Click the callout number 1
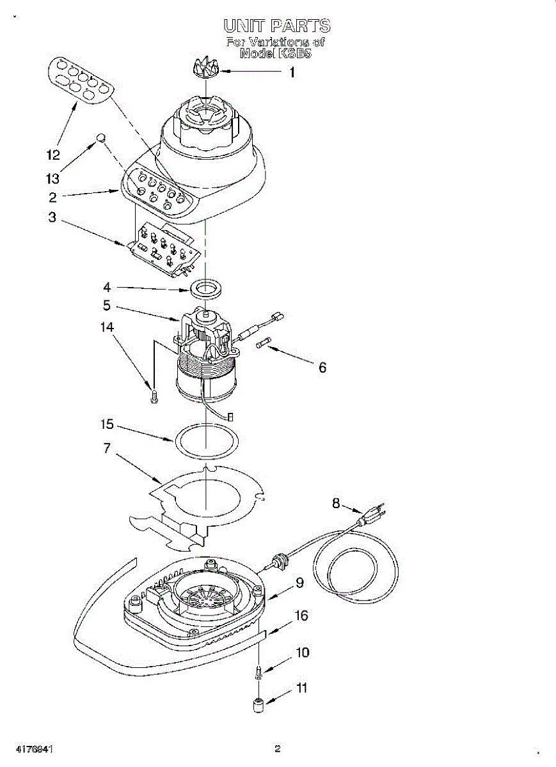[x=292, y=73]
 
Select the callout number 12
[x=52, y=155]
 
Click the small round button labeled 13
[x=100, y=137]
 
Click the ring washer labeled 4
[x=205, y=288]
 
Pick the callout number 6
[x=322, y=368]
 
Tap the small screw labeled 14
[x=153, y=397]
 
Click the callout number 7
[x=106, y=449]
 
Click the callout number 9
[x=299, y=582]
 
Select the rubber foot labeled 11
[x=258, y=706]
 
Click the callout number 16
[x=301, y=616]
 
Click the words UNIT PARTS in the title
[x=277, y=26]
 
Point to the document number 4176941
[x=31, y=748]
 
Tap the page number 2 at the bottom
[x=278, y=748]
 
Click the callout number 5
[x=106, y=306]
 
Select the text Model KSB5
[x=276, y=54]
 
